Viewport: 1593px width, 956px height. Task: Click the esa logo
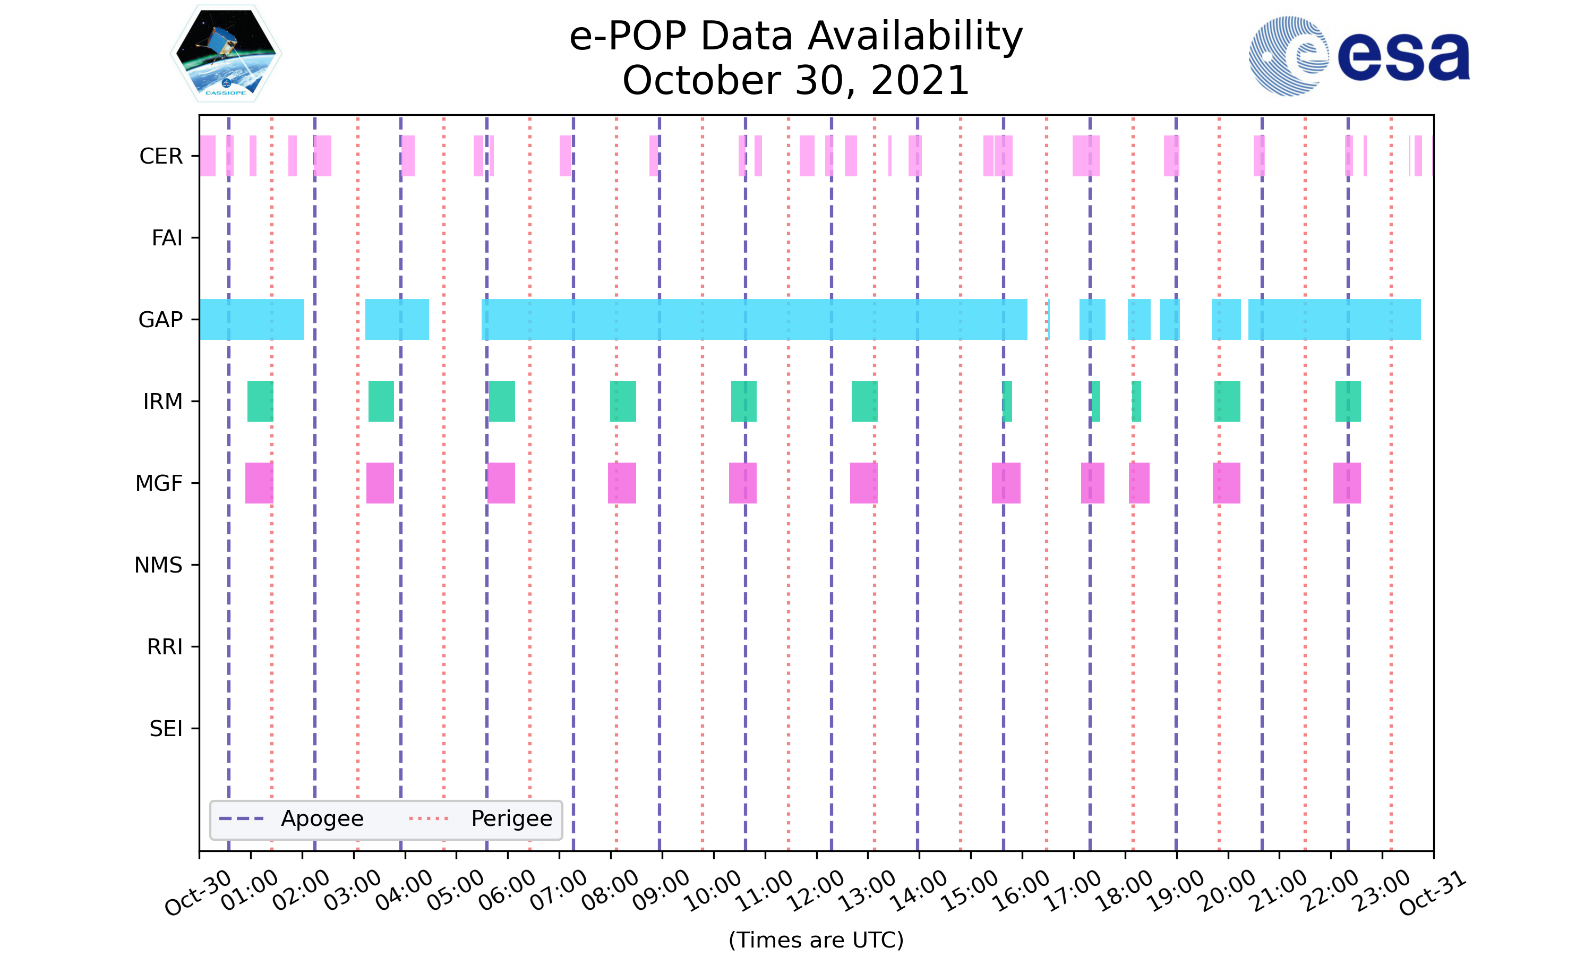click(1359, 56)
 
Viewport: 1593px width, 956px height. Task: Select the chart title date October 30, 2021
click(796, 81)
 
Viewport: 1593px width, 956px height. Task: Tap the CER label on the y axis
click(161, 156)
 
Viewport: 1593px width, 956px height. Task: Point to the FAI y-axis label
click(167, 238)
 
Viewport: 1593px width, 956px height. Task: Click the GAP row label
click(160, 320)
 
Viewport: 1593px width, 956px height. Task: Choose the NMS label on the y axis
click(158, 565)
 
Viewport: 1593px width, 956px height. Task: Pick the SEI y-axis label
click(166, 729)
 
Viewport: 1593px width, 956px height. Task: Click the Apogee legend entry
click(293, 819)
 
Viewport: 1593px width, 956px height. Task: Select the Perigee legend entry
click(481, 819)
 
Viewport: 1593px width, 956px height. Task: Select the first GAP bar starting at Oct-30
click(252, 320)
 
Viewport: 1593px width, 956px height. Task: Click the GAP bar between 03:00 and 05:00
click(397, 320)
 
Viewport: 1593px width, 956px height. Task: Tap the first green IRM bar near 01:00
click(260, 402)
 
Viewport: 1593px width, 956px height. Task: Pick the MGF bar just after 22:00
click(1347, 483)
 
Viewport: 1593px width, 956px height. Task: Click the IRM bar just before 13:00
click(864, 402)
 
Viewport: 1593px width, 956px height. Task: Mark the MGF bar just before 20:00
click(1226, 483)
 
